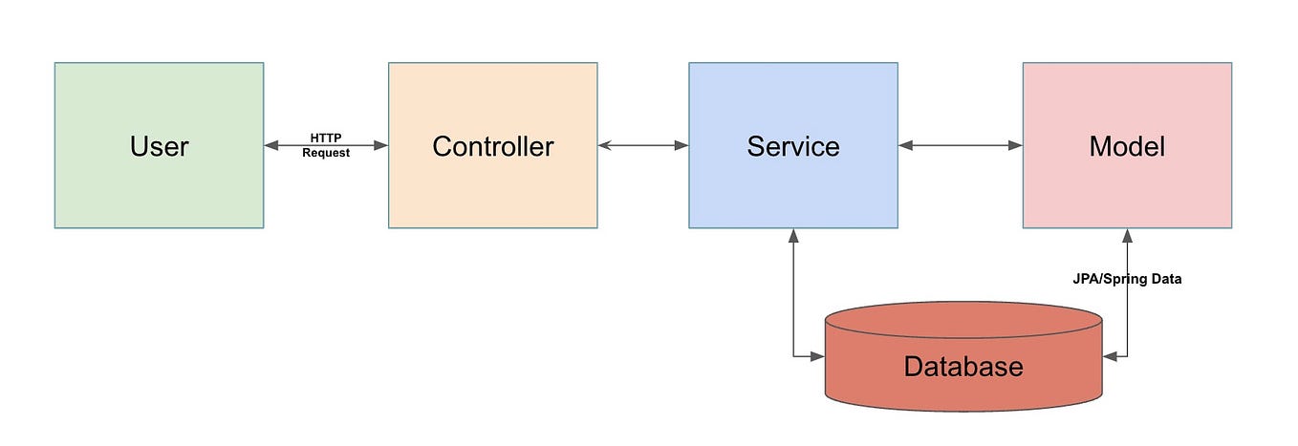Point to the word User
point(159,146)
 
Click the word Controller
point(492,146)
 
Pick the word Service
point(792,146)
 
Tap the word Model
point(1127,146)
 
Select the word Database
point(963,367)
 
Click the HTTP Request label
point(326,145)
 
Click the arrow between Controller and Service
point(643,145)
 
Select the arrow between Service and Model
point(961,145)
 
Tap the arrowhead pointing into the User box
point(271,145)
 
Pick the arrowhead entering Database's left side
point(817,356)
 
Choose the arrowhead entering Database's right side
point(1110,356)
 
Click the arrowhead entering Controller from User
point(381,145)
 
